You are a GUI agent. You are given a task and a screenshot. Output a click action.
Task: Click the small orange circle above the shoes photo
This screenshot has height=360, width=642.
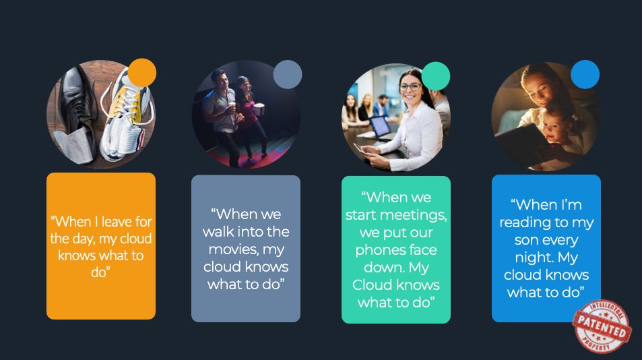pos(142,73)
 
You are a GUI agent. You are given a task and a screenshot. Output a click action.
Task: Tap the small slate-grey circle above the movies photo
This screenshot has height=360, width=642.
pos(288,75)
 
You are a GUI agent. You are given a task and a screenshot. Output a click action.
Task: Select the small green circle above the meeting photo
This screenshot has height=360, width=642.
pos(436,76)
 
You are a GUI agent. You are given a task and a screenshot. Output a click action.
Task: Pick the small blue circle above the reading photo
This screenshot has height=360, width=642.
pos(585,75)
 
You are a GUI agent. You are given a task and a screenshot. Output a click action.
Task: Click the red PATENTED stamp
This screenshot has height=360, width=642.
pos(602,326)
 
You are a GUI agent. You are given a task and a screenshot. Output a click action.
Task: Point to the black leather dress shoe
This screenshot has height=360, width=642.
pos(77,107)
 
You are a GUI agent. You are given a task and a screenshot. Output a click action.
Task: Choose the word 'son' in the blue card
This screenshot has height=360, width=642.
pos(526,239)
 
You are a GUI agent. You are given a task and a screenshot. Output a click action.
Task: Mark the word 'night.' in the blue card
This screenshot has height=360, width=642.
pos(532,258)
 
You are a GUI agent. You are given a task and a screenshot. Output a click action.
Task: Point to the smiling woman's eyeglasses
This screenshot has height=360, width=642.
pos(411,87)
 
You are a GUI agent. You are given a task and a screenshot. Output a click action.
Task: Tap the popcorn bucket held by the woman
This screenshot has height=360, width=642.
pos(259,109)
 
